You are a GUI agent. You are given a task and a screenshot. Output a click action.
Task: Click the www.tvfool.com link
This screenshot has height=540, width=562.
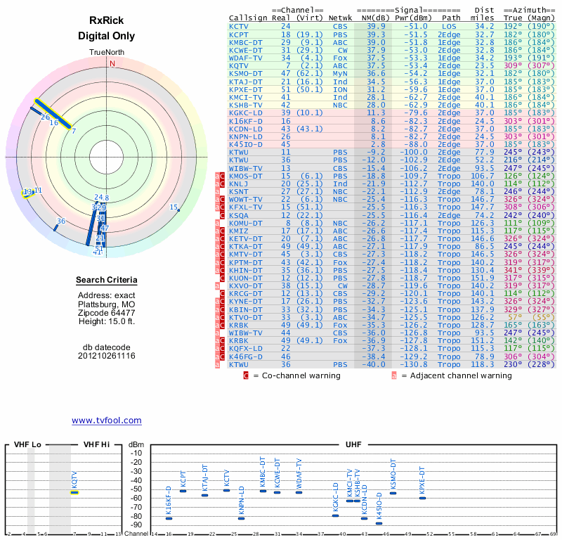107,420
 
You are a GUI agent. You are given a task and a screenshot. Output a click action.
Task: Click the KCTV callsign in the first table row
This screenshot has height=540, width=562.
239,26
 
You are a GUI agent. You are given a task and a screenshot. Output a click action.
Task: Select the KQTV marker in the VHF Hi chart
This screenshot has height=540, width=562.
74,492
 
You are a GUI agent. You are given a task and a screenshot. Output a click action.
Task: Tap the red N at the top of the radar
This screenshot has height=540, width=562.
112,63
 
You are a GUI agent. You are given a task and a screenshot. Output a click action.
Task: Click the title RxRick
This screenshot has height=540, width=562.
106,22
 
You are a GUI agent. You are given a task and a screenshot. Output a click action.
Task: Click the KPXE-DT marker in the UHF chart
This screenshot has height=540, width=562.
422,498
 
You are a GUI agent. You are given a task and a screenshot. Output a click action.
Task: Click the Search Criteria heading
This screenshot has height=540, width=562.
107,281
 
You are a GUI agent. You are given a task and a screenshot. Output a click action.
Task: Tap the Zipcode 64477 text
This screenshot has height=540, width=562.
107,313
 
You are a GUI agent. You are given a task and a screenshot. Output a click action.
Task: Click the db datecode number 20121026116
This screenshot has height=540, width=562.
107,356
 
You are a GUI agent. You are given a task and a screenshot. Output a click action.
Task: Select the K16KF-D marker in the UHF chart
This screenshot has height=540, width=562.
169,518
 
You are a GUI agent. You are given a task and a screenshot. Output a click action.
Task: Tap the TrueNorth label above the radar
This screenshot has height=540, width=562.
107,53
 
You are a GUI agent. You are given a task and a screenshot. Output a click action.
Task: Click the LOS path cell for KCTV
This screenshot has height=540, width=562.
450,26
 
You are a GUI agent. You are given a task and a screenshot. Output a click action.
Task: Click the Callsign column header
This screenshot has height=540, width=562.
245,17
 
